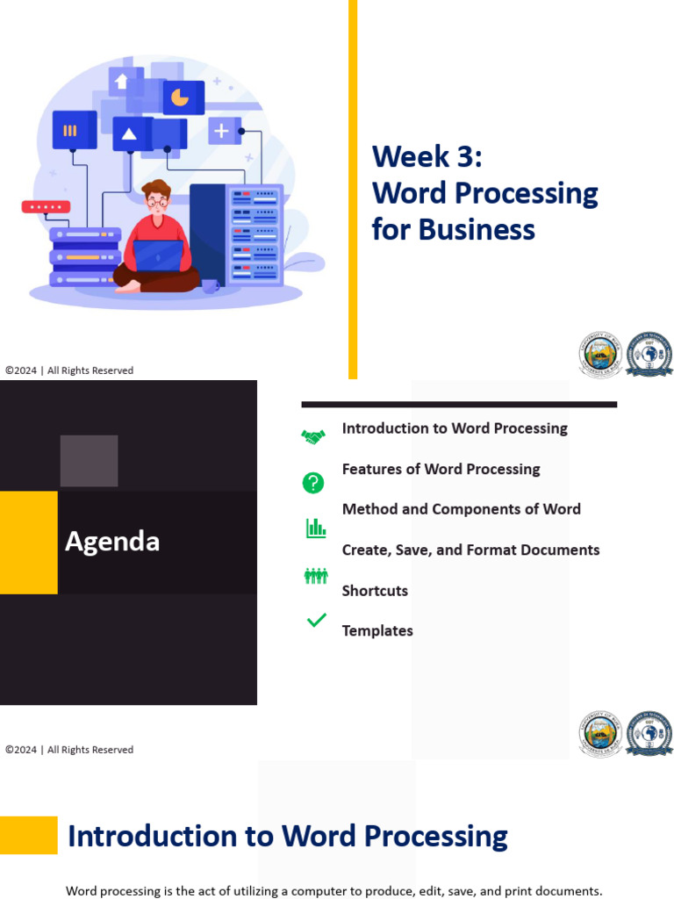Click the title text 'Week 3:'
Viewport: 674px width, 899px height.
coord(427,157)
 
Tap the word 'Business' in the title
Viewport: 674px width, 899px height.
coord(477,230)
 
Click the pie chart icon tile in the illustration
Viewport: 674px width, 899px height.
coord(183,97)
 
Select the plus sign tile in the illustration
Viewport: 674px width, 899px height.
coord(223,131)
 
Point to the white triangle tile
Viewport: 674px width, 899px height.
coord(131,133)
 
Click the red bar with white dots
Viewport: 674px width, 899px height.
coord(46,207)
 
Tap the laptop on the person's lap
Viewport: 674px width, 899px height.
coord(158,255)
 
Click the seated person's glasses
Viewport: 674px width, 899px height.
coord(156,202)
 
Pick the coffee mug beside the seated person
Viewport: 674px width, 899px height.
coord(210,285)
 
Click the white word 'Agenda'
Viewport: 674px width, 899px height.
coord(112,542)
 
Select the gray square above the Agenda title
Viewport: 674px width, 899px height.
coord(89,460)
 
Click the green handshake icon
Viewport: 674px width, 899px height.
coord(313,436)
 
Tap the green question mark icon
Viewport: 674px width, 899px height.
coord(313,482)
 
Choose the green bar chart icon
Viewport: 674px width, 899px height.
coord(315,528)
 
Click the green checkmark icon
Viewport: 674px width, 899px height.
coord(316,620)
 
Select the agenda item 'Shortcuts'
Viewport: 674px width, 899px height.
coord(375,591)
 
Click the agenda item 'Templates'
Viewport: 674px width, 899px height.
coord(377,631)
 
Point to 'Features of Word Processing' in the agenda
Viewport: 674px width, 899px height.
coord(441,470)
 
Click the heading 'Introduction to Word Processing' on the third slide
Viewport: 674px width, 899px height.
coord(288,837)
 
